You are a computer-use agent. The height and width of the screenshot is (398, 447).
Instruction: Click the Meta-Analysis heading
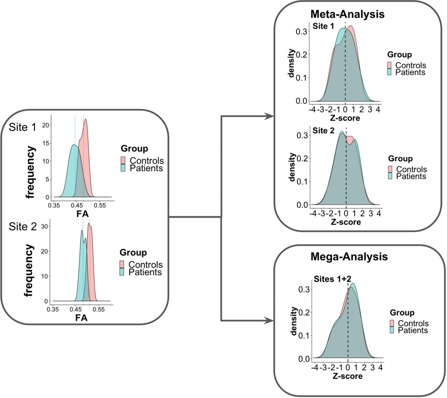347,14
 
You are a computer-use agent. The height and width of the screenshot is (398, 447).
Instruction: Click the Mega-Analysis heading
349,257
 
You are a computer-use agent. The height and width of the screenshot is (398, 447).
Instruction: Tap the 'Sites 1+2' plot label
332,279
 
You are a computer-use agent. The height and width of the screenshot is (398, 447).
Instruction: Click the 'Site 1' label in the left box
23,127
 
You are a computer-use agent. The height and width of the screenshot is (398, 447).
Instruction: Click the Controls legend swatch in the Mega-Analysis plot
393,323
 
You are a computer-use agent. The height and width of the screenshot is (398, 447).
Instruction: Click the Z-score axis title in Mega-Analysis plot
347,376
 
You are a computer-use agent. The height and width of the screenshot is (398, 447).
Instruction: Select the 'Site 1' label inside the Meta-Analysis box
323,26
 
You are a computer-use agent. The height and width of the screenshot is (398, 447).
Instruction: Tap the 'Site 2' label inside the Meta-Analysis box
323,131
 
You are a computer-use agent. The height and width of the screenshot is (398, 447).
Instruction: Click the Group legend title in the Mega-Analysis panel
402,312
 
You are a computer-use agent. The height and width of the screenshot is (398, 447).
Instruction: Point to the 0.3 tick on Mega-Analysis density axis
305,289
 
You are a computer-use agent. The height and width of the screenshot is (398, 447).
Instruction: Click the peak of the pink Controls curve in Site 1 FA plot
86,120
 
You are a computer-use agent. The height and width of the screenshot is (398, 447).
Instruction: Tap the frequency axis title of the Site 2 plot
29,270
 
